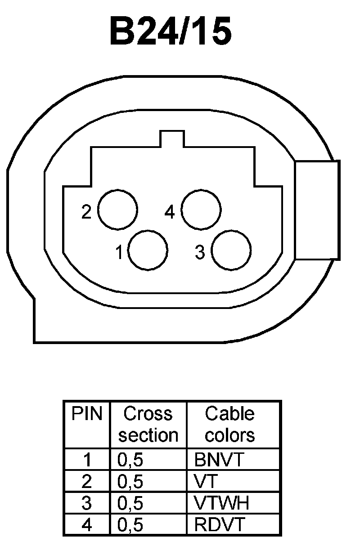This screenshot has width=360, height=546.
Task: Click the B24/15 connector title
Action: click(171, 32)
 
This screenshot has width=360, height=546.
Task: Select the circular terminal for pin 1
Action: click(148, 250)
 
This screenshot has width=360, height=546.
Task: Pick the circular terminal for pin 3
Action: click(231, 251)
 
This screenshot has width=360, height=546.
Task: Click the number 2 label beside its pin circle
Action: click(86, 212)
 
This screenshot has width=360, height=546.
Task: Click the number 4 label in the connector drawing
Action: click(170, 212)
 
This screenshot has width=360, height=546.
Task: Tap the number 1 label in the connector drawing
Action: click(119, 253)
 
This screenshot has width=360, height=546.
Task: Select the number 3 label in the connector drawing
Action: click(200, 253)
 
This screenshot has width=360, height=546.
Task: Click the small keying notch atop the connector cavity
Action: click(172, 139)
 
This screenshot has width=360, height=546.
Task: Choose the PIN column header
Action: click(87, 414)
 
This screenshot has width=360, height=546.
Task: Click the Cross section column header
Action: click(148, 424)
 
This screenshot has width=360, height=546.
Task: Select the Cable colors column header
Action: click(230, 424)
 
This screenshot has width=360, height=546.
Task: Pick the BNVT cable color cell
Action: click(219, 460)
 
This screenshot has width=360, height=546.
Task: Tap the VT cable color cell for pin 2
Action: click(206, 482)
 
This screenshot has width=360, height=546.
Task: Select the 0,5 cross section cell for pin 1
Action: click(130, 460)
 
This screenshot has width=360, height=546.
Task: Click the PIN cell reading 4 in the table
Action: click(87, 524)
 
